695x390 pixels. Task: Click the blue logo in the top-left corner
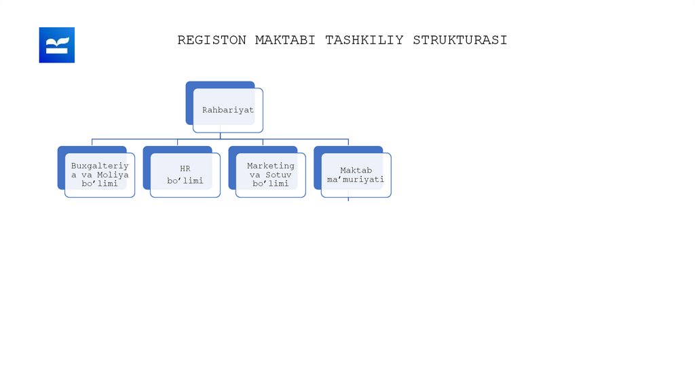point(56,45)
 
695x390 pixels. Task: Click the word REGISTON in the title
point(212,40)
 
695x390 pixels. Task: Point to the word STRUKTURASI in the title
point(459,40)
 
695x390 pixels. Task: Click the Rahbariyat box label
point(228,109)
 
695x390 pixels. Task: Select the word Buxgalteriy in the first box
point(100,165)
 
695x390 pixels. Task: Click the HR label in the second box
point(185,169)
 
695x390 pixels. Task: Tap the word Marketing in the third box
point(271,165)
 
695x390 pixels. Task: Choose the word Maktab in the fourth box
point(356,170)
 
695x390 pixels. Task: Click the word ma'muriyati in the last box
point(356,179)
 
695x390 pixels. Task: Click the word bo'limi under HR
point(185,180)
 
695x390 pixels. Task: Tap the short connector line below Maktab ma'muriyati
point(348,199)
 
